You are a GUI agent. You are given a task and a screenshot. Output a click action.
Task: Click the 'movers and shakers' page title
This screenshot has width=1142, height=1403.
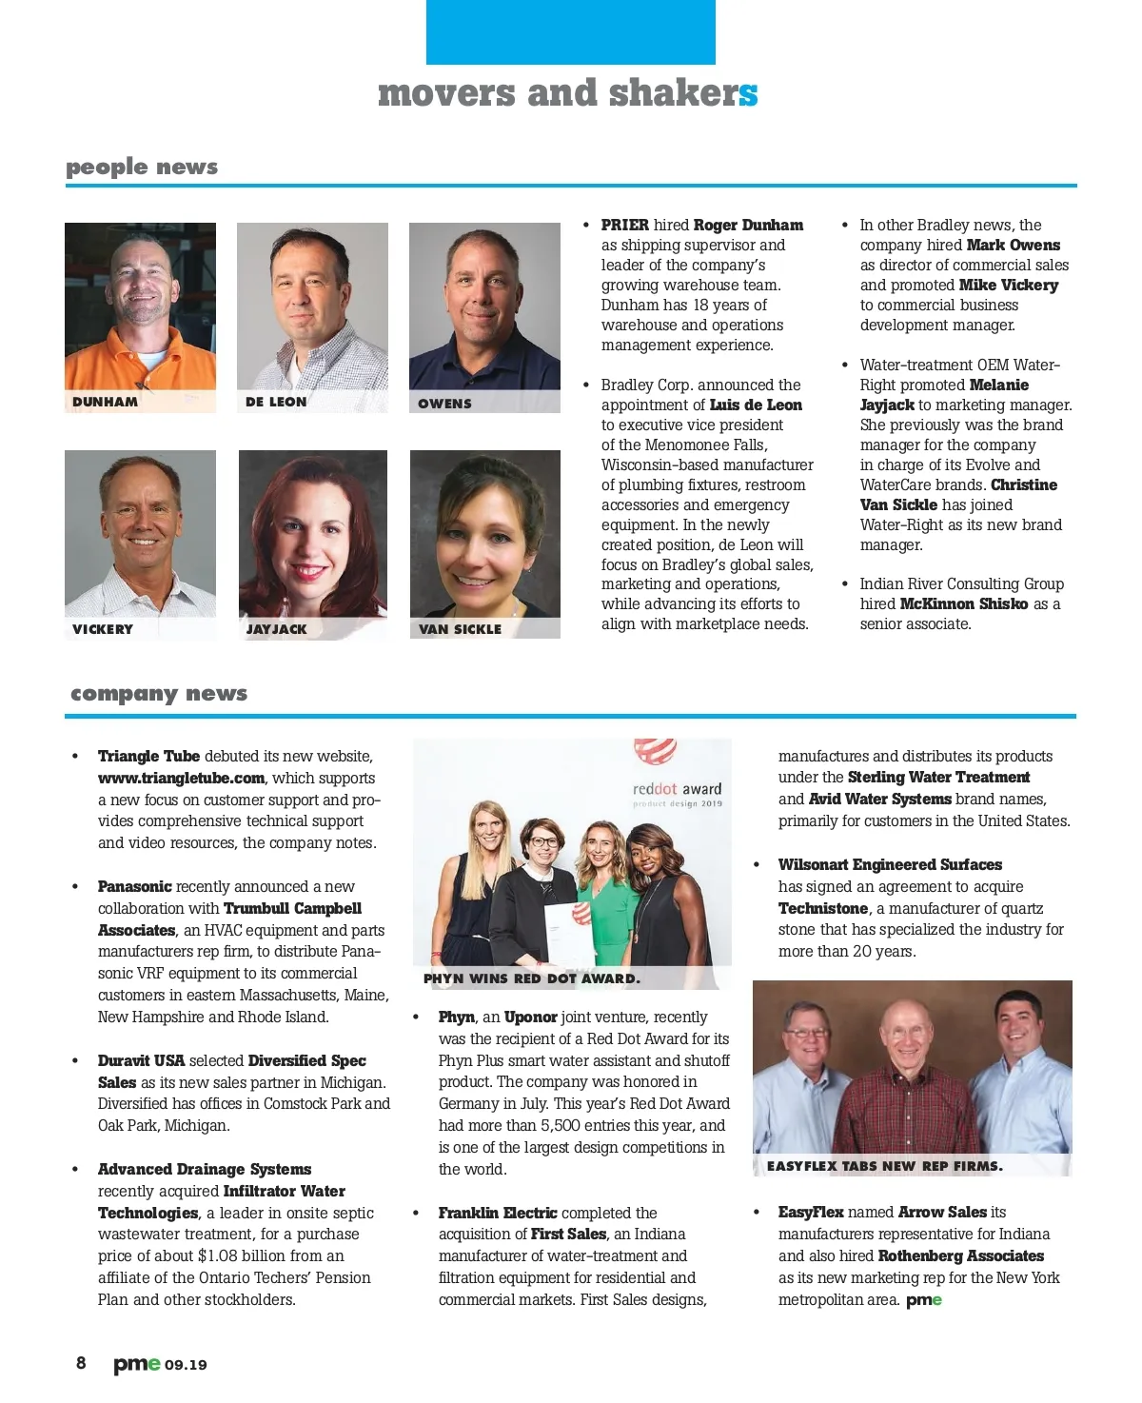[567, 93]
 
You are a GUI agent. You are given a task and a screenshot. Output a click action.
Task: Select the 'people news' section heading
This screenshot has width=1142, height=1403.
[142, 168]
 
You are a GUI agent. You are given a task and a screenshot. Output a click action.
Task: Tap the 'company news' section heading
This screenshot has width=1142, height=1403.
[159, 694]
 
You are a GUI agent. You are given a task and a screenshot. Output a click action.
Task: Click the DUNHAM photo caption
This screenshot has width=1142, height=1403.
[106, 402]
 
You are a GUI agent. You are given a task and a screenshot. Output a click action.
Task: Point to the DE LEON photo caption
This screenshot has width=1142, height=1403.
[276, 402]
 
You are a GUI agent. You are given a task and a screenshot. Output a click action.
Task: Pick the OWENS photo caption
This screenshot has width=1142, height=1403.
[444, 404]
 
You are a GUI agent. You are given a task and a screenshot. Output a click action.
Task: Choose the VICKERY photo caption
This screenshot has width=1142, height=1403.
[103, 629]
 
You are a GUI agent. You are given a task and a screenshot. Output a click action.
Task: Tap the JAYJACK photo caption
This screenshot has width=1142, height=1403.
[277, 629]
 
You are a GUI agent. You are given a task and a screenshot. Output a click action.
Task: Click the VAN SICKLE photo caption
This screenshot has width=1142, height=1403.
[460, 629]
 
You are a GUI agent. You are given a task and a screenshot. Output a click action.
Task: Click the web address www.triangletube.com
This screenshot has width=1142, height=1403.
[181, 779]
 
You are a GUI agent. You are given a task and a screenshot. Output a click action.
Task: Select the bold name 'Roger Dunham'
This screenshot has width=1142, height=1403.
[748, 226]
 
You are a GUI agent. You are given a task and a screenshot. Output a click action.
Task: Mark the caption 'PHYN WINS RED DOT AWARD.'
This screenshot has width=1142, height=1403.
[532, 978]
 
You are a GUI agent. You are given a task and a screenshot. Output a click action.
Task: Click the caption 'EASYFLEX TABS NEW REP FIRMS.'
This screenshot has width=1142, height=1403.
[884, 1166]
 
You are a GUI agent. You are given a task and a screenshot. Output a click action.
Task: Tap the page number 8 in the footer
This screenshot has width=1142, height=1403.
[81, 1363]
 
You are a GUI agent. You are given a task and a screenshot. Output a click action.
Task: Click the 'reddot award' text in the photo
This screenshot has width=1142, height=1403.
[677, 789]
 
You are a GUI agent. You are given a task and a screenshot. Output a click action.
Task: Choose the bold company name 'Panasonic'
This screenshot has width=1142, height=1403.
[135, 887]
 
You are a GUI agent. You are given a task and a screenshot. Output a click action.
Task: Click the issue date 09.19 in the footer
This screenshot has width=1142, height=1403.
[186, 1365]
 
